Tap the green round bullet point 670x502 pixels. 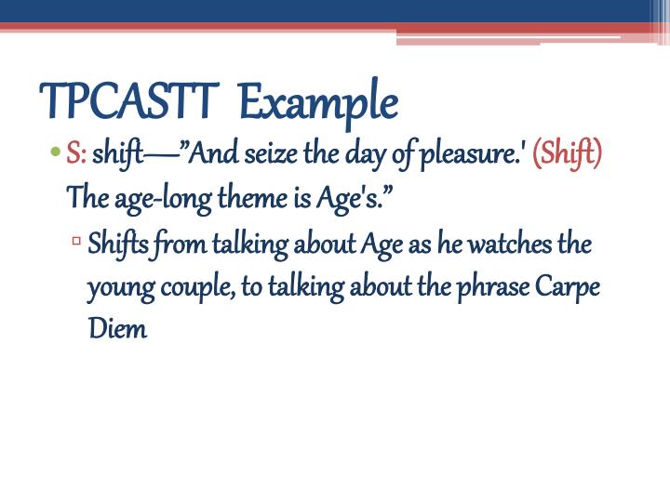[56, 152]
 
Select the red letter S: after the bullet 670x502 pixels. [76, 152]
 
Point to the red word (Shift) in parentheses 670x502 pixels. [567, 152]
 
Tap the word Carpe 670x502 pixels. [569, 287]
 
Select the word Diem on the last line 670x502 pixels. [117, 330]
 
